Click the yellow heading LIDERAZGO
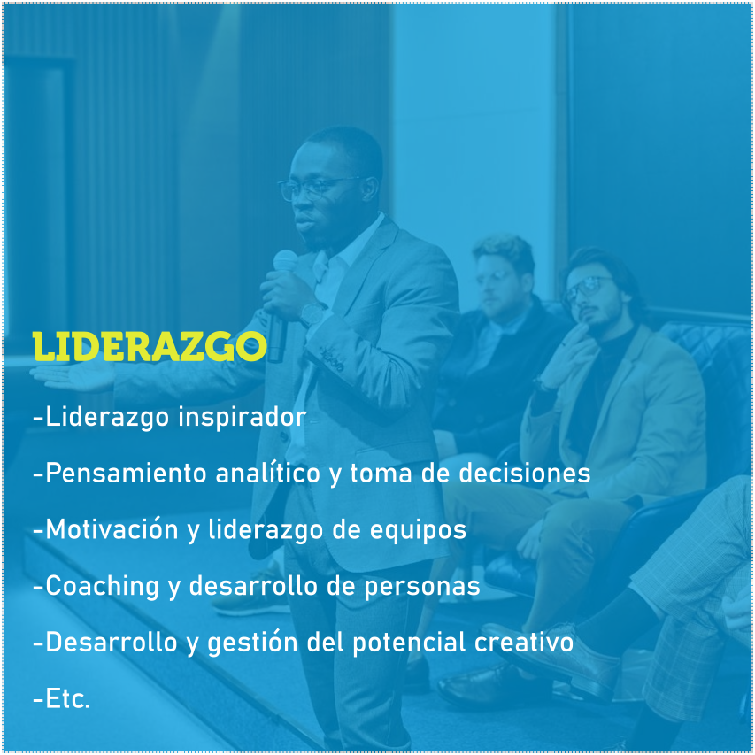point(150,346)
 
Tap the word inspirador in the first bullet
point(243,418)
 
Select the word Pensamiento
point(127,473)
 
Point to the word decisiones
point(524,473)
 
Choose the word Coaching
point(102,587)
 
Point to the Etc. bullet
point(62,698)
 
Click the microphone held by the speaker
point(281,304)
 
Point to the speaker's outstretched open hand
point(73,377)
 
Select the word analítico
point(267,473)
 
